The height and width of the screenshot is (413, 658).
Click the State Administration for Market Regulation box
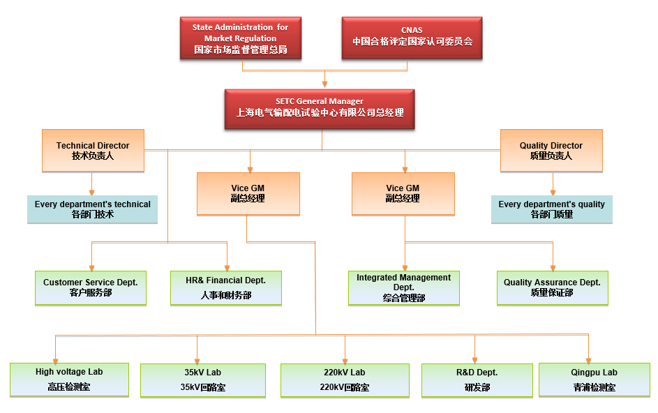240,38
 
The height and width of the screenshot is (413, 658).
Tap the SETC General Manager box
319,108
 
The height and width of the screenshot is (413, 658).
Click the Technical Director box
93,151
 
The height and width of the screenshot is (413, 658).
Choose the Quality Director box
551,151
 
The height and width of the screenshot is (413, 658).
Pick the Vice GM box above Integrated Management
403,193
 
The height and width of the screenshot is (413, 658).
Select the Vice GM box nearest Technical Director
248,193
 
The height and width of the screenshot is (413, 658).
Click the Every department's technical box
92,209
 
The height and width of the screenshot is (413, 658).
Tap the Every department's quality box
551,209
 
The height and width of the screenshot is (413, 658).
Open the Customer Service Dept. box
91,287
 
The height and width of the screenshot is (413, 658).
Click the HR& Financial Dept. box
225,287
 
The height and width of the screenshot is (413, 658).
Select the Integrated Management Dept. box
403,287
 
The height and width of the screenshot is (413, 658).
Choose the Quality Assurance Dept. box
552,287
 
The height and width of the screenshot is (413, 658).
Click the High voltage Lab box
68,380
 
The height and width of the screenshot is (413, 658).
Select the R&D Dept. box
477,380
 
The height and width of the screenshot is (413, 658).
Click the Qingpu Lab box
594,380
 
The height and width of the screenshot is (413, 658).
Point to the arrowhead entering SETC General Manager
324,84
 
